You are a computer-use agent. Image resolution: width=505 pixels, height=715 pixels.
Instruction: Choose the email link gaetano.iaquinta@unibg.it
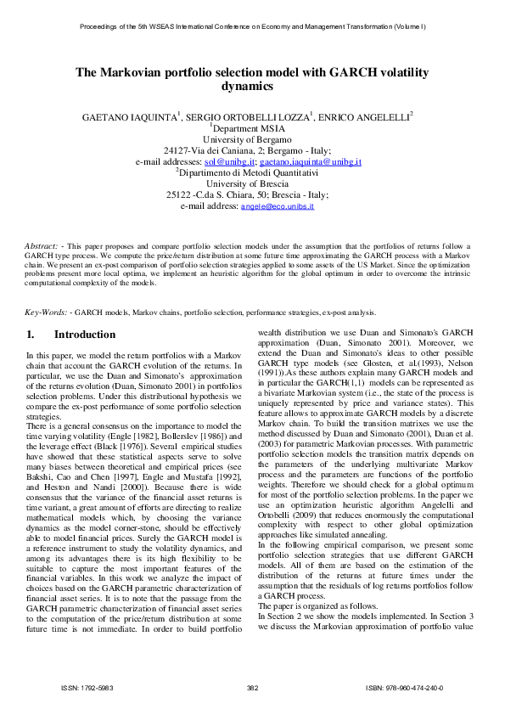pyautogui.click(x=311, y=161)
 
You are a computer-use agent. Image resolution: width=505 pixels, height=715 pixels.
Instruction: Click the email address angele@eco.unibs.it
pyautogui.click(x=278, y=206)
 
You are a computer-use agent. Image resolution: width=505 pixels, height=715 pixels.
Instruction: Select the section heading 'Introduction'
pyautogui.click(x=85, y=335)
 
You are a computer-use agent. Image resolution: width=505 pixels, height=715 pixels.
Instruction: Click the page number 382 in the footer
pyautogui.click(x=251, y=688)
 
